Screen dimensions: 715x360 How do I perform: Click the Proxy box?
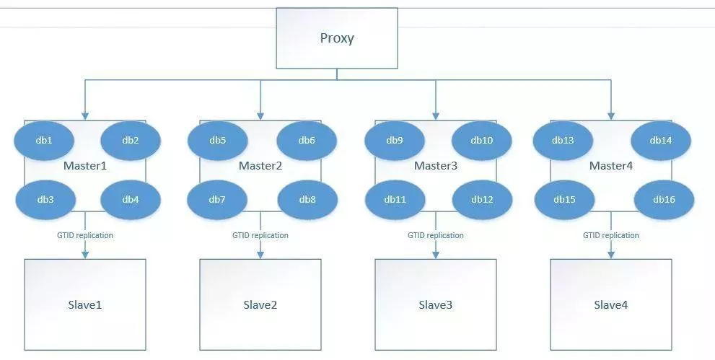[x=337, y=38]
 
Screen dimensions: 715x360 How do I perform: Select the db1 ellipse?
[x=44, y=141]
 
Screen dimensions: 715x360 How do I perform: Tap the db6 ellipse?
[x=307, y=141]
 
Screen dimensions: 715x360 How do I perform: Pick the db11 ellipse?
[x=395, y=200]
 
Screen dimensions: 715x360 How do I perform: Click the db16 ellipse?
[x=664, y=200]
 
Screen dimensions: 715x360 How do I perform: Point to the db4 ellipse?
[x=131, y=200]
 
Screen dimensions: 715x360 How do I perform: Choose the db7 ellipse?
[x=217, y=200]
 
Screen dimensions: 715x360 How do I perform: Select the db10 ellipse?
[x=482, y=141]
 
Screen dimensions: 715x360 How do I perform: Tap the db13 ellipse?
[x=563, y=141]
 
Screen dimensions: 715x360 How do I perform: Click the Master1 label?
[x=85, y=166]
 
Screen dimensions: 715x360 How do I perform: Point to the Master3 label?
[x=436, y=166]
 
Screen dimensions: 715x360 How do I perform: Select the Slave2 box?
[x=260, y=305]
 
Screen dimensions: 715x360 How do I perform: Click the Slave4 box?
[x=611, y=305]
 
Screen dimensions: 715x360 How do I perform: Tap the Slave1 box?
[x=85, y=305]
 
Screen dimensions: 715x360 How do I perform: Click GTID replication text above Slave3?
[x=436, y=236]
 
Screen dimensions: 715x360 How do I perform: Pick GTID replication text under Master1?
[x=85, y=236]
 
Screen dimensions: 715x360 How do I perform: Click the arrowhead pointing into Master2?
[x=260, y=116]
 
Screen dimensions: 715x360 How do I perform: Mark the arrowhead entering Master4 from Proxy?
[x=611, y=116]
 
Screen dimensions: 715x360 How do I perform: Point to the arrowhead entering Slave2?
[x=260, y=255]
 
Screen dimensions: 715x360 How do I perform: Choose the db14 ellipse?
[x=661, y=141]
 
